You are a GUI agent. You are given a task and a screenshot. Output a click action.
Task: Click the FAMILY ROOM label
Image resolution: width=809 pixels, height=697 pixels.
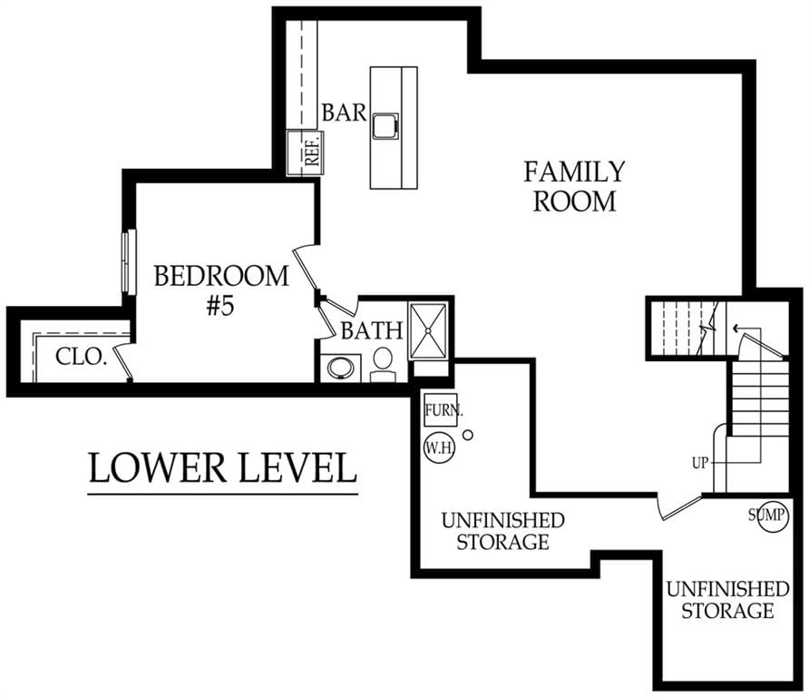(x=574, y=187)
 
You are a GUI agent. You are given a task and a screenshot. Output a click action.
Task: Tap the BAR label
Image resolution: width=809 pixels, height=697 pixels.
(x=344, y=112)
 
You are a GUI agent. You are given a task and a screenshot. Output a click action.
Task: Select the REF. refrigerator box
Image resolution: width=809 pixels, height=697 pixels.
(x=305, y=152)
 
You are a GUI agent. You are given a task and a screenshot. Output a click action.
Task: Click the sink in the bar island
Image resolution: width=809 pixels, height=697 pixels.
(x=385, y=125)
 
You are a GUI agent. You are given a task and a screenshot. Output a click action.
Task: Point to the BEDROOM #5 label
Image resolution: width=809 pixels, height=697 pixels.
(x=221, y=290)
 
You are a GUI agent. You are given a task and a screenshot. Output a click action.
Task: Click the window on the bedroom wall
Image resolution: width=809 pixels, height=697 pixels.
(x=129, y=262)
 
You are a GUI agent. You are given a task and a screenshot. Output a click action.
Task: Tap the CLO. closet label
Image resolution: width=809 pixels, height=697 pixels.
(x=81, y=357)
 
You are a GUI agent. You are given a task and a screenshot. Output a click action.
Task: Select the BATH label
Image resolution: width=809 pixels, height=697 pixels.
(x=372, y=330)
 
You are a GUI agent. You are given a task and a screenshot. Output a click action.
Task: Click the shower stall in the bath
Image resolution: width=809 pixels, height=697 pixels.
(x=428, y=331)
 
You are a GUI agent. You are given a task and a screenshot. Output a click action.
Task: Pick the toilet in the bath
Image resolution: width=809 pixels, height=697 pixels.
(x=383, y=363)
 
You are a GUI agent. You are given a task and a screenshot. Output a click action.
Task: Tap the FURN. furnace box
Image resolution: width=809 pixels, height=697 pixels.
(x=441, y=410)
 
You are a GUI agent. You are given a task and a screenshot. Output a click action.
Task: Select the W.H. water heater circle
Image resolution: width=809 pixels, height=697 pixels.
(x=439, y=447)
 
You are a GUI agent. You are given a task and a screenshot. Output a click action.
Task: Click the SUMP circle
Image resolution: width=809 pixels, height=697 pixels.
(x=773, y=515)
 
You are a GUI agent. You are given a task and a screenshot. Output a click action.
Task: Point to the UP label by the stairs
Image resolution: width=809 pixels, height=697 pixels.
(x=700, y=463)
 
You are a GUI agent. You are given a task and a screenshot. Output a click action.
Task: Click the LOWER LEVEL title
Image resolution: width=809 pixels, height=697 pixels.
(x=223, y=467)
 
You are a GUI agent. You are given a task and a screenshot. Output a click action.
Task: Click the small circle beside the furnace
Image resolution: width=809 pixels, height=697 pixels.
(x=468, y=436)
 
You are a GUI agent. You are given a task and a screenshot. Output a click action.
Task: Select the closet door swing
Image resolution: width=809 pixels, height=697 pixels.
(x=123, y=360)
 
